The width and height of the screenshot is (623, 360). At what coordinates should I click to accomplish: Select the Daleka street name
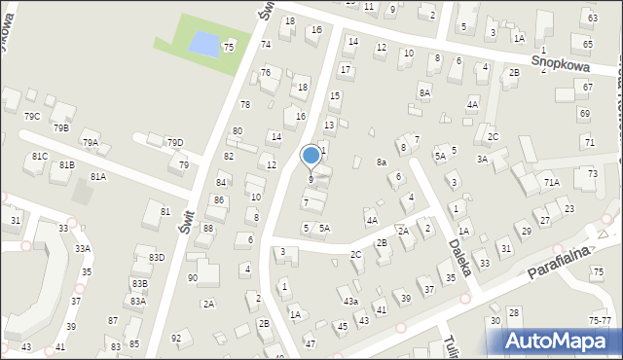tap(457, 243)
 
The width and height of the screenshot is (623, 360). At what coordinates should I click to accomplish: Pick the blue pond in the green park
tap(203, 44)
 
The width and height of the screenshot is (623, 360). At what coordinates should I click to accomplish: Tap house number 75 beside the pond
tap(229, 47)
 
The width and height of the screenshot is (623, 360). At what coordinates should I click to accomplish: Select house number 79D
tap(174, 143)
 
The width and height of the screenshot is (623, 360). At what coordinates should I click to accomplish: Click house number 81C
tap(40, 156)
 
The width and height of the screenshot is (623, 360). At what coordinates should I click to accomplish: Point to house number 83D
tap(156, 257)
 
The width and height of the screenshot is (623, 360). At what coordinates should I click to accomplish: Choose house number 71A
tap(552, 182)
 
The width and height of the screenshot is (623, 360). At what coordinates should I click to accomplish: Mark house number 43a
tap(349, 301)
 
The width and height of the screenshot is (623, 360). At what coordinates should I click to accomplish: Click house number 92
tap(176, 338)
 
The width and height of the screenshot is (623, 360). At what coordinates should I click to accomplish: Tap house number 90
tap(193, 278)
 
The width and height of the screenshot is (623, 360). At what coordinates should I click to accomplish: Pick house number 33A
tap(83, 248)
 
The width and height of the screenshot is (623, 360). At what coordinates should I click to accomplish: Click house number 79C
tap(32, 117)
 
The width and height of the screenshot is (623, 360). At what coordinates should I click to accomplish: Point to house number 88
tap(207, 228)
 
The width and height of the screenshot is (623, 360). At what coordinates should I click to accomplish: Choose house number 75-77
tap(601, 320)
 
